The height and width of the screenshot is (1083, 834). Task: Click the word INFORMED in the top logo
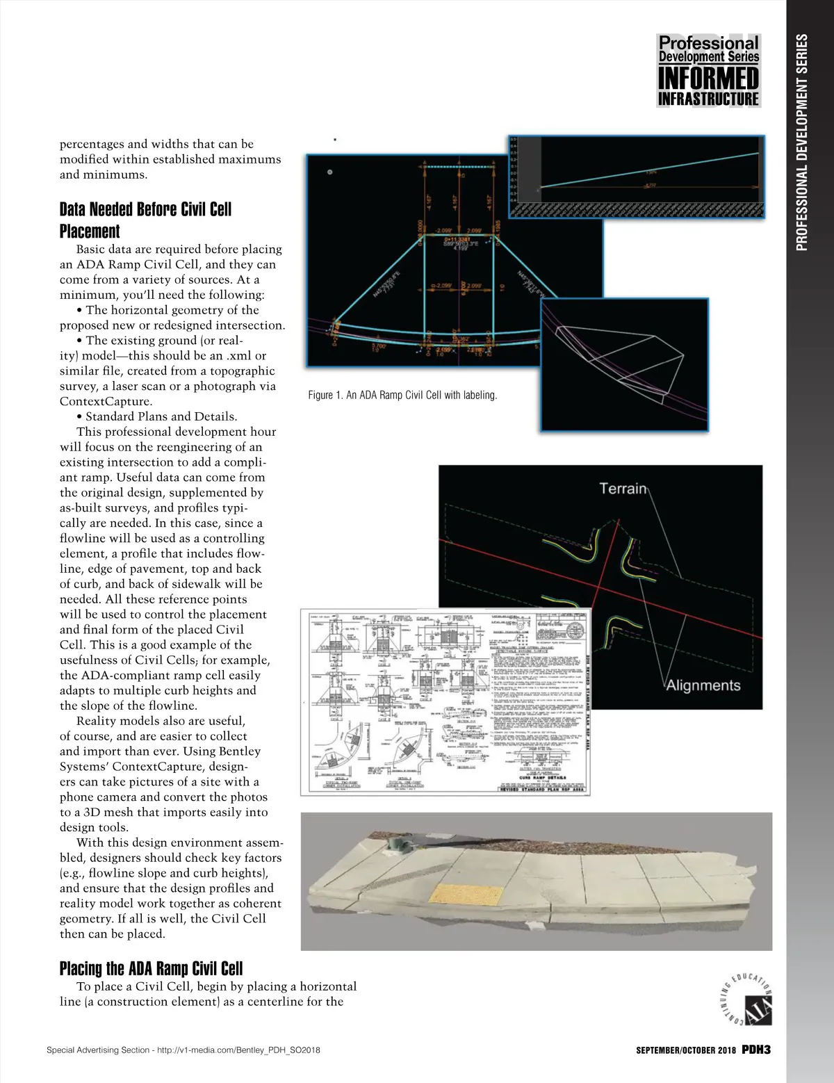pos(708,78)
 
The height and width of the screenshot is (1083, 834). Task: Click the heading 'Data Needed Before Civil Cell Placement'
pos(145,220)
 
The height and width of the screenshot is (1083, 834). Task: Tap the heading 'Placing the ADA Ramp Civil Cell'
pos(151,968)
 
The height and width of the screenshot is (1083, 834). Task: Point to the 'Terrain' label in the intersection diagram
pos(623,489)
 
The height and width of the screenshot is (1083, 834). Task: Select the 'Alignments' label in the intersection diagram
pos(703,685)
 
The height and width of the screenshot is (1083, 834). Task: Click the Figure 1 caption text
pos(402,395)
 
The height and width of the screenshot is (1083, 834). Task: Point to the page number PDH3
pos(755,1050)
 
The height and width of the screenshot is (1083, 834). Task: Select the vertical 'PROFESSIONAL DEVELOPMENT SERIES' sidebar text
pos(802,142)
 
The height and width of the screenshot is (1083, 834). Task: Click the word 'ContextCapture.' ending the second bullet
pos(105,401)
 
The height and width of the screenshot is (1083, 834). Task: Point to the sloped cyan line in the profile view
pos(646,170)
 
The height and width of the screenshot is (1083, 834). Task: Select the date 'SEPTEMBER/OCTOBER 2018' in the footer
pos(685,1050)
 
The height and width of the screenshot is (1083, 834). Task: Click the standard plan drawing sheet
pos(445,702)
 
